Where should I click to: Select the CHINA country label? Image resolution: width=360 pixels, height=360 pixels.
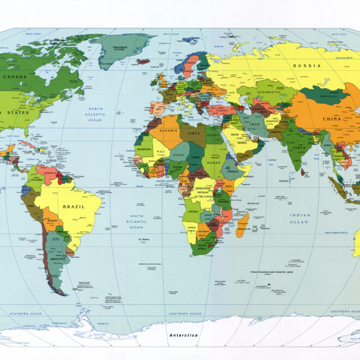click(x=332, y=119)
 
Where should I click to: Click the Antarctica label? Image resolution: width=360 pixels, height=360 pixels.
click(x=183, y=335)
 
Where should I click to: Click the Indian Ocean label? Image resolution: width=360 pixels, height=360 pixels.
click(x=299, y=219)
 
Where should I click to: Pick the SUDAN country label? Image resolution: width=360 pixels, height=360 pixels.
click(x=214, y=161)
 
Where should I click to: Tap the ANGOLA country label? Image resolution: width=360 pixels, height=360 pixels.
click(x=193, y=211)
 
